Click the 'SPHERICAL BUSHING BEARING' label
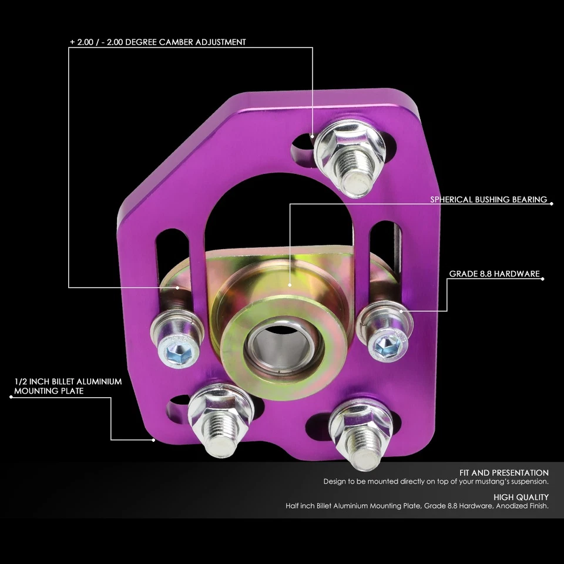[489, 200]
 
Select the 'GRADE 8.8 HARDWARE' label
[494, 274]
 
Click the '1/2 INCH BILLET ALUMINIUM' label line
[68, 381]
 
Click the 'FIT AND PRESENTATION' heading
[504, 472]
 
